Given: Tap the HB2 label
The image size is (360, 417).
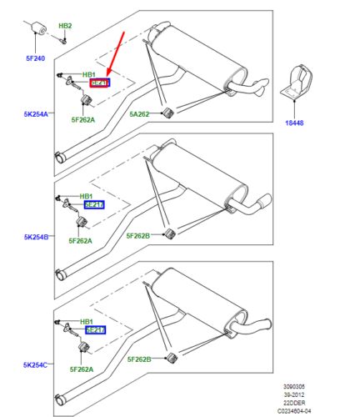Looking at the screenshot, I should point(65,27).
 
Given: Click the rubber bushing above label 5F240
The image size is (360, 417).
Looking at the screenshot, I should point(36,32).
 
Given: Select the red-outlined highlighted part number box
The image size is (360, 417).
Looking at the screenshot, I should point(99,83).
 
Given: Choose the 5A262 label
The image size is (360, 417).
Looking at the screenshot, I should point(138,113).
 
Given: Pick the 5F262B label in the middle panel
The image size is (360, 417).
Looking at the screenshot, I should point(141,236).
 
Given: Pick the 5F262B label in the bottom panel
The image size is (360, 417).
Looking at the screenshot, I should point(141,359).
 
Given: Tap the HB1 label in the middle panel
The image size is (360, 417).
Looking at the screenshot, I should point(87,196).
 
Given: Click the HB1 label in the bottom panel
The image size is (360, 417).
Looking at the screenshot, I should point(87,321).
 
